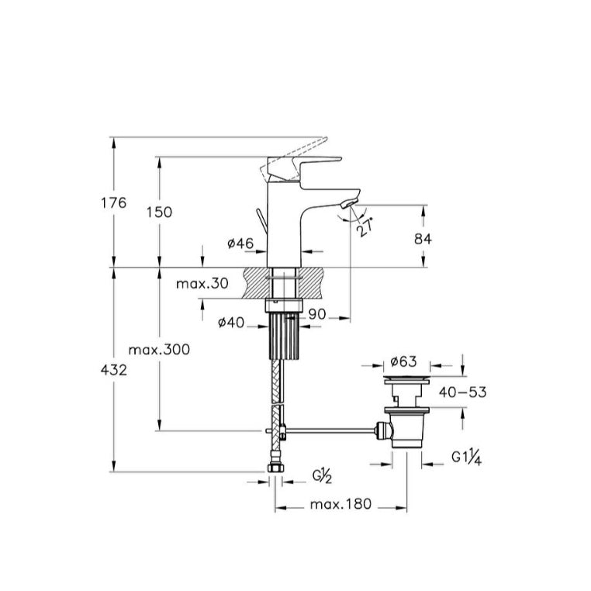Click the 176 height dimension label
pyautogui.click(x=114, y=202)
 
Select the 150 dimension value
pyautogui.click(x=159, y=213)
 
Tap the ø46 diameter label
pyautogui.click(x=240, y=244)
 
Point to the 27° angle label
pyautogui.click(x=365, y=227)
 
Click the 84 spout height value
pyautogui.click(x=423, y=239)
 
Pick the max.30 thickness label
pyautogui.click(x=202, y=283)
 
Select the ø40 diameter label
pyautogui.click(x=231, y=323)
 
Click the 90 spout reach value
pyautogui.click(x=317, y=314)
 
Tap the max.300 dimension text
pyautogui.click(x=159, y=350)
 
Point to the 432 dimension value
pyautogui.click(x=114, y=370)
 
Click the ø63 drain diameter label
pyautogui.click(x=403, y=361)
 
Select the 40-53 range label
pyautogui.click(x=462, y=392)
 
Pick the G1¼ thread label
pyautogui.click(x=467, y=458)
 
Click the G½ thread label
pyautogui.click(x=323, y=476)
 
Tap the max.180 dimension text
pyautogui.click(x=340, y=504)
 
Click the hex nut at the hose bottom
pyautogui.click(x=275, y=468)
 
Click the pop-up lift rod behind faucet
pyautogui.click(x=262, y=223)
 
